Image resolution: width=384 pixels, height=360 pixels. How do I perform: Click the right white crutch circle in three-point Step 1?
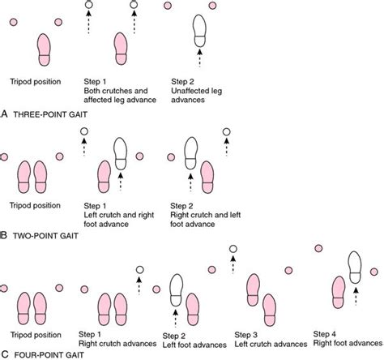click(x=134, y=6)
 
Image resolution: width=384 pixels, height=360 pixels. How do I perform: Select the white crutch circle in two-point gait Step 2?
click(x=228, y=131)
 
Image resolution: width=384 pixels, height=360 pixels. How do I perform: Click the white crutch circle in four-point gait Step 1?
click(x=139, y=270)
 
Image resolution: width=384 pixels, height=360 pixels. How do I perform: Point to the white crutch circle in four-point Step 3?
click(x=233, y=249)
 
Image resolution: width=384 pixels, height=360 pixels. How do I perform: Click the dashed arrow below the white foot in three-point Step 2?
click(x=198, y=58)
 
